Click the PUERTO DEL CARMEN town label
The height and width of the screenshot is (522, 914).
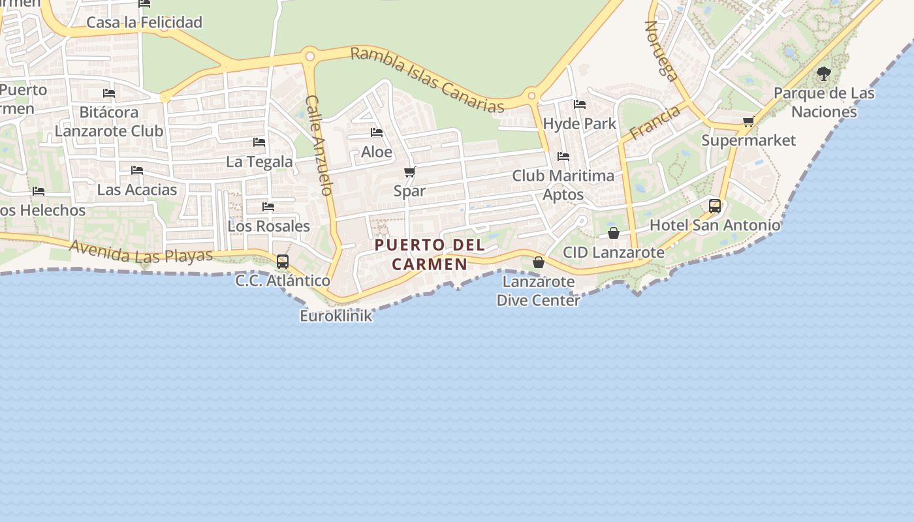point(430,254)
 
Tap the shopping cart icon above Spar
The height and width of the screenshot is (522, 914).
point(409,172)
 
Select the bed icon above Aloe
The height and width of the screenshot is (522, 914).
point(377,132)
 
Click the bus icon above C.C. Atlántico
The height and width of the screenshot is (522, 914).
point(283,262)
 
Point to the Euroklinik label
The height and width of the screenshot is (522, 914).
point(336,316)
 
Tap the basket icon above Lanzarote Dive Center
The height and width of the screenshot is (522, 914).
point(539,262)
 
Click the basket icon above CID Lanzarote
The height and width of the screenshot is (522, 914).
point(614,232)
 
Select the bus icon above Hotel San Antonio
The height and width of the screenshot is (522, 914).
point(715,206)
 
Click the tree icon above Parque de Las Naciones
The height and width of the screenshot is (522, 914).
point(824,73)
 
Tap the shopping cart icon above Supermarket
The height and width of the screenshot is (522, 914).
point(749,121)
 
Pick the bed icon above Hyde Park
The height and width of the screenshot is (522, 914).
point(580,104)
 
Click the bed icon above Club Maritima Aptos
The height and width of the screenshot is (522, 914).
point(563,157)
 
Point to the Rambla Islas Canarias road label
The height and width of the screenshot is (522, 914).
point(428,80)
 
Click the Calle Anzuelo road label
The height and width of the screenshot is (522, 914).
point(320,145)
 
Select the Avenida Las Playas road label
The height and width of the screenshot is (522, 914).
point(141,252)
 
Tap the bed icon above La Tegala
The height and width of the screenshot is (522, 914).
point(259,142)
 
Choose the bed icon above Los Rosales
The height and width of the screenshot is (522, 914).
point(268,207)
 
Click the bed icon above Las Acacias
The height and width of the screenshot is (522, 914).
point(137,170)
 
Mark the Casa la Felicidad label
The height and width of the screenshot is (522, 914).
point(144,22)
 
